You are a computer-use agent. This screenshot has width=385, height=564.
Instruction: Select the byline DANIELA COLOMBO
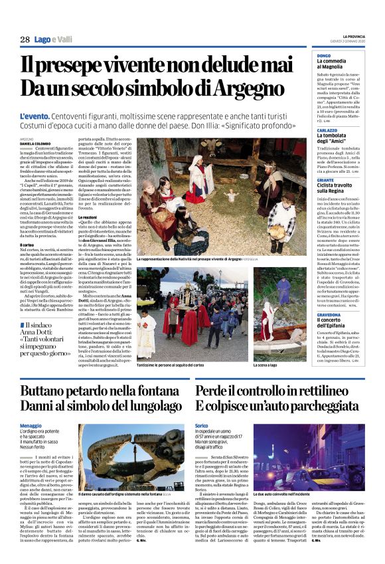click(35, 143)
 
